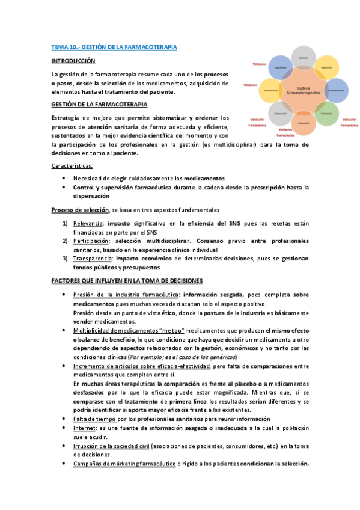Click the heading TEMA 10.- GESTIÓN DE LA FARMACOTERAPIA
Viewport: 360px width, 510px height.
114,46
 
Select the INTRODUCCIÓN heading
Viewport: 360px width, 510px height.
73,61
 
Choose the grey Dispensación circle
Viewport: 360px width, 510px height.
280,113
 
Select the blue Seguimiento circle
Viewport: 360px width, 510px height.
280,67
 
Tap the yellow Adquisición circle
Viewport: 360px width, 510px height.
326,67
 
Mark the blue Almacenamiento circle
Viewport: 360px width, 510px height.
335,90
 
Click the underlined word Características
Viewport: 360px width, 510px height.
72,165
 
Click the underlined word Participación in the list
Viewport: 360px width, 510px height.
92,241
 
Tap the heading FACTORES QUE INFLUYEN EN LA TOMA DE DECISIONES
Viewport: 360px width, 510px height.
127,281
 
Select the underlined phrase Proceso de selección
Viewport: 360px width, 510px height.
80,210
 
